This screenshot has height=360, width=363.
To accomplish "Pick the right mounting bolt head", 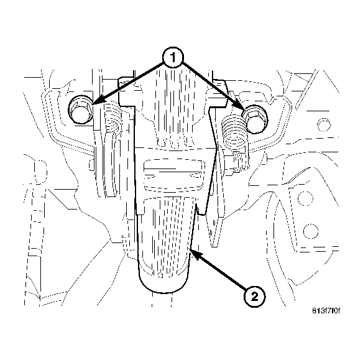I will pos(254,118).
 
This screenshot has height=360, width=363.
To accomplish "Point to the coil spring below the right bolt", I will pos(232,134).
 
